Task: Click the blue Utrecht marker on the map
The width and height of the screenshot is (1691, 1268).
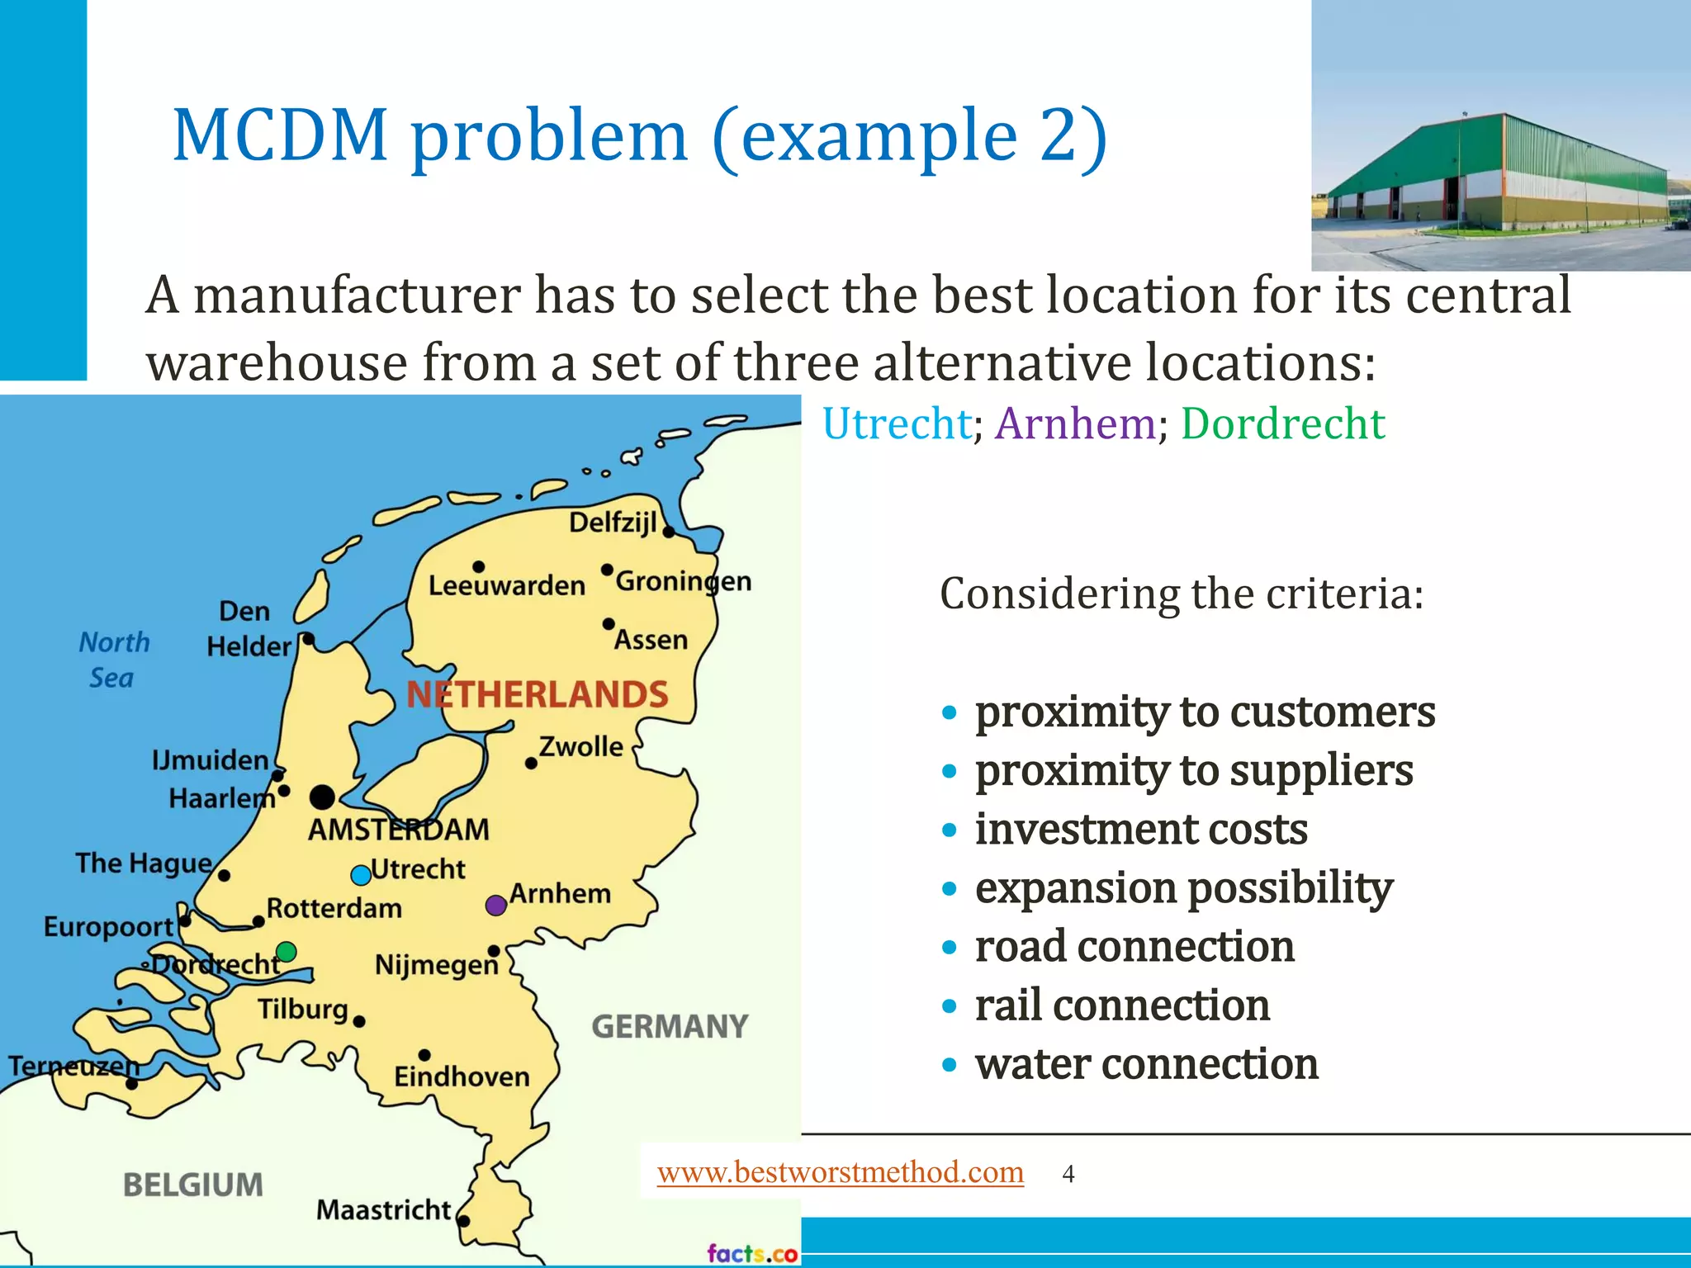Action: (361, 875)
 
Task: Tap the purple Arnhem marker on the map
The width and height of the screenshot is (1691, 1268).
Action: (495, 906)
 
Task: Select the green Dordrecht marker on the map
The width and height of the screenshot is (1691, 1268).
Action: (287, 952)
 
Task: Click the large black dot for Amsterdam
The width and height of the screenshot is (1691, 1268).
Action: (322, 797)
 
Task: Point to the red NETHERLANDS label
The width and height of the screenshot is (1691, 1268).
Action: (538, 695)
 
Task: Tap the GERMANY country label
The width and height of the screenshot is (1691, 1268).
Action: (670, 1027)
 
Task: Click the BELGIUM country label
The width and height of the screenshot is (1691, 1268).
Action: (193, 1185)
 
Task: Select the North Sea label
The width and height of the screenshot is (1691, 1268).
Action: (114, 660)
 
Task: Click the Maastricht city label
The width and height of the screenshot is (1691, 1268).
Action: (384, 1210)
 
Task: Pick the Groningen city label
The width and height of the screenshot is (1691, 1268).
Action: (684, 581)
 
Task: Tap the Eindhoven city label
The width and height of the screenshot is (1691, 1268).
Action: (462, 1077)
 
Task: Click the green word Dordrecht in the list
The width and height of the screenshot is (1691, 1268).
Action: (1282, 424)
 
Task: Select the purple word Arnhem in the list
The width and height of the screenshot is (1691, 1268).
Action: (1075, 424)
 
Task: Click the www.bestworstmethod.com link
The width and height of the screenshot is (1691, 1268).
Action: (840, 1172)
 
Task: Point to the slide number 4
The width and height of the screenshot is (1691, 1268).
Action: (1068, 1174)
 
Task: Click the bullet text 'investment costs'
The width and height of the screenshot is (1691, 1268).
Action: (1141, 829)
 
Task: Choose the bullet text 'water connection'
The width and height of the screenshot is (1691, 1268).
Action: (1146, 1063)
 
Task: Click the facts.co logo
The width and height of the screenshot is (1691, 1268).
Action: (752, 1253)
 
